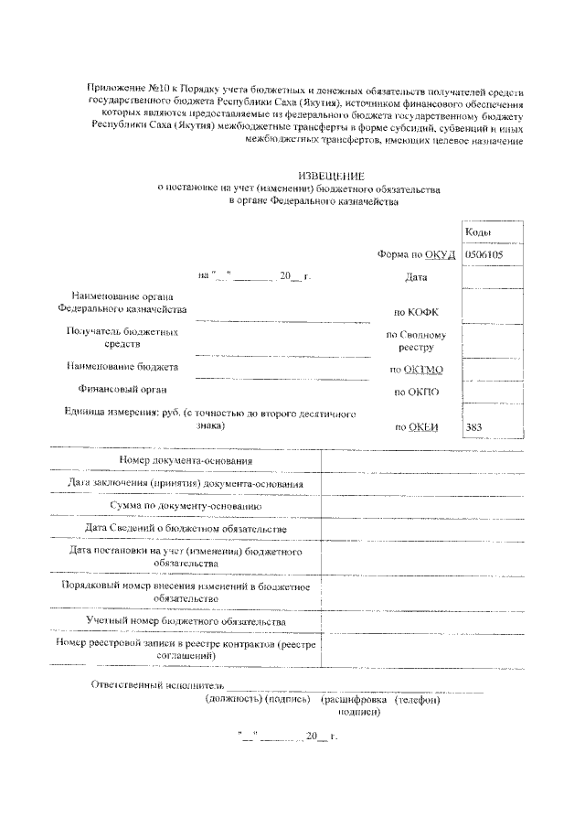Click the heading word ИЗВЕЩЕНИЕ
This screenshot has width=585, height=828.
(332, 175)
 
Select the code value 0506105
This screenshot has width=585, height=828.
(484, 255)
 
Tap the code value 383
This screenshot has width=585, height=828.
(474, 427)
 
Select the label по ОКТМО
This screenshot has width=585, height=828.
(416, 370)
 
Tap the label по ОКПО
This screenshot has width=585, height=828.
(417, 392)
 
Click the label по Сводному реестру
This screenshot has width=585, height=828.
(415, 341)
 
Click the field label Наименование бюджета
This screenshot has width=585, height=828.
(122, 367)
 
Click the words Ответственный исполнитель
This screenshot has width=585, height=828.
(157, 685)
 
